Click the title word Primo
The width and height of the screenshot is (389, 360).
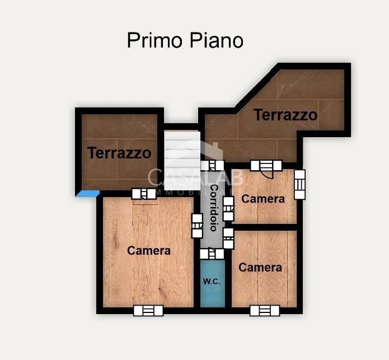[x=151, y=40]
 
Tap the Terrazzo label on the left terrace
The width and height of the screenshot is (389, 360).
[x=119, y=152]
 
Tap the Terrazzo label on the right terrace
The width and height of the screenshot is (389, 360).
[x=285, y=115]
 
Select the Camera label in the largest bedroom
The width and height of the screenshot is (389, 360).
[x=149, y=250]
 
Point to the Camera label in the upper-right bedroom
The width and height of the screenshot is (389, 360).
[x=263, y=199]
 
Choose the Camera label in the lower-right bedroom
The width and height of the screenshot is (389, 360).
[x=260, y=268]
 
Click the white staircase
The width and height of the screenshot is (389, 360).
[x=182, y=151]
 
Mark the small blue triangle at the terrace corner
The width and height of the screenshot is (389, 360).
[x=87, y=194]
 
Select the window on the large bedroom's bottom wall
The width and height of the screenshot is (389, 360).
[x=148, y=310]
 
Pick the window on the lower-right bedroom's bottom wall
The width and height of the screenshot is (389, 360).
[x=265, y=310]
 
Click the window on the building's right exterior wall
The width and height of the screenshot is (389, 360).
[x=300, y=184]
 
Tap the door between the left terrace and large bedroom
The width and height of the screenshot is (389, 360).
[x=144, y=194]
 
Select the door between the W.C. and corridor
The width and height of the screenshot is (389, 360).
[x=212, y=254]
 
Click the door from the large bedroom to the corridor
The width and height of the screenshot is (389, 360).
[x=196, y=226]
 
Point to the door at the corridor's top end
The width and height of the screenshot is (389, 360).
[x=213, y=165]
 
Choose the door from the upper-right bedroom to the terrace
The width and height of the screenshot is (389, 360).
[x=265, y=165]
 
